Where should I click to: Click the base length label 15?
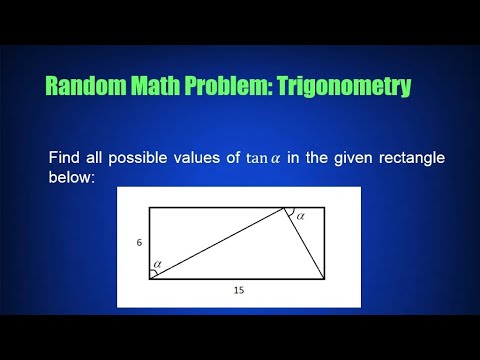point(237,290)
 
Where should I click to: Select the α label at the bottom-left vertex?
point(156,265)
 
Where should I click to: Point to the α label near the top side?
point(300,215)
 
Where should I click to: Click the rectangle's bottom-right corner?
point(325,279)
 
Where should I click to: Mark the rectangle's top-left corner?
point(150,208)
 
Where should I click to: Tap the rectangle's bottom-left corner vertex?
point(150,279)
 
